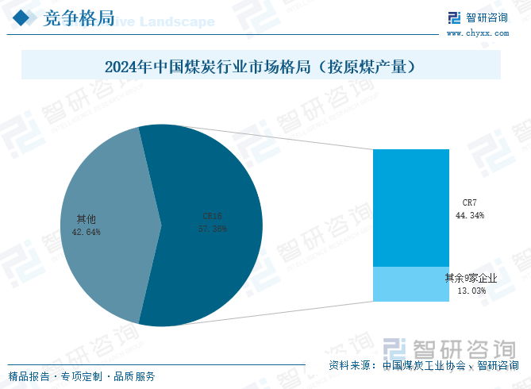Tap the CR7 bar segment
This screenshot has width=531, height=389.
[411, 207]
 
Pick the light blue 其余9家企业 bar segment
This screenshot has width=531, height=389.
[411, 284]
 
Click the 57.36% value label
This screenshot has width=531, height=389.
[213, 229]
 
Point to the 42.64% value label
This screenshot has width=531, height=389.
[86, 232]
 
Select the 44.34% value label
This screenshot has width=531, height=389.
[470, 215]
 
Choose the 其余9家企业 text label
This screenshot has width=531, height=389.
[471, 279]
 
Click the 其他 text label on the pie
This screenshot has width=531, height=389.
[86, 218]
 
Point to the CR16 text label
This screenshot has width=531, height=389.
[212, 216]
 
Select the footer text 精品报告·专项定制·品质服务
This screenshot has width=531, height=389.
[82, 376]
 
